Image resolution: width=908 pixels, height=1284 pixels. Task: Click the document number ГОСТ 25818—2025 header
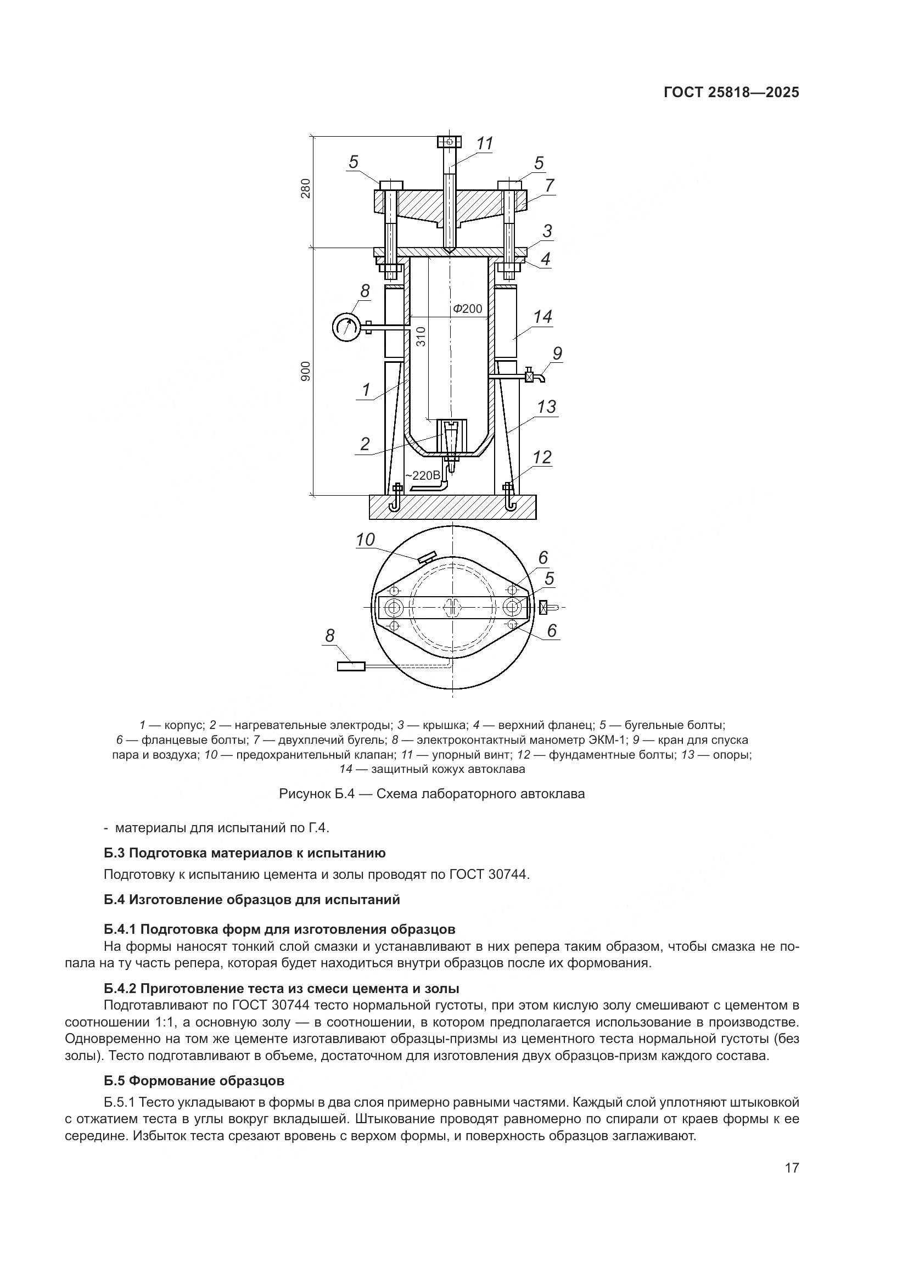(x=731, y=92)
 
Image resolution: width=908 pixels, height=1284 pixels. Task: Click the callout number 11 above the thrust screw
(x=484, y=144)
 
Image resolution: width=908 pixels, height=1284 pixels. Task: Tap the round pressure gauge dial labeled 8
(x=346, y=327)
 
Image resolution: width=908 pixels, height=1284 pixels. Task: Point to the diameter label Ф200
(x=467, y=309)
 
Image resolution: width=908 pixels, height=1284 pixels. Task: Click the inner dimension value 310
(x=421, y=336)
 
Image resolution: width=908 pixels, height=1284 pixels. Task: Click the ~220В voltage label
(x=423, y=475)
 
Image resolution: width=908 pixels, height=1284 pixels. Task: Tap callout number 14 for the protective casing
(x=542, y=317)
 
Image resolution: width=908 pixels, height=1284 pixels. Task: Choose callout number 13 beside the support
(x=546, y=407)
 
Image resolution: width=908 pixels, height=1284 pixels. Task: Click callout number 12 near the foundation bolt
(x=542, y=457)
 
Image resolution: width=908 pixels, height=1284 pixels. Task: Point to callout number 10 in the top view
(x=365, y=540)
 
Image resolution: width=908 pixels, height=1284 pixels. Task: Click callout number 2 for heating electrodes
(x=365, y=444)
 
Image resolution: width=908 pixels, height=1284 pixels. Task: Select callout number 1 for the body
(x=366, y=390)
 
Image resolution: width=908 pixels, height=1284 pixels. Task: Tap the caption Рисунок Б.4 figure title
(x=431, y=794)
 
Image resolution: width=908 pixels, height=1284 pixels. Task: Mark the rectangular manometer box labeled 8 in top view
(x=351, y=666)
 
